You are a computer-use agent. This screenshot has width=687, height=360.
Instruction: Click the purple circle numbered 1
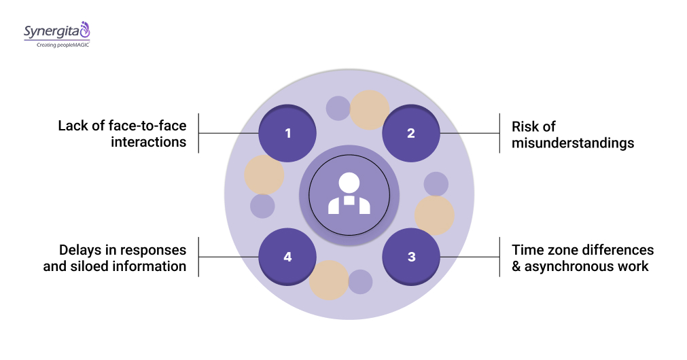pyautogui.click(x=287, y=133)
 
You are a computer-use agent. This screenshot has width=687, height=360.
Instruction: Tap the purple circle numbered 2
pyautogui.click(x=410, y=133)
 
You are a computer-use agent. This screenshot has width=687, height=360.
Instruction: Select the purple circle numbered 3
pyautogui.click(x=410, y=257)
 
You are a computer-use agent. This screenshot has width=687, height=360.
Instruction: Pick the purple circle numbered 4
pyautogui.click(x=287, y=257)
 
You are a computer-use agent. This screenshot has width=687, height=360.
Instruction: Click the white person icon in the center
pyautogui.click(x=349, y=194)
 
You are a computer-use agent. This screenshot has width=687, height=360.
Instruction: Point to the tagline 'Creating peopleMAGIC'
pyautogui.click(x=58, y=45)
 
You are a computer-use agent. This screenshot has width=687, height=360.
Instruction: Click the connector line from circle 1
pyautogui.click(x=228, y=133)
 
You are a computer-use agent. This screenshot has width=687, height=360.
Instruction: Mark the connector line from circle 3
pyautogui.click(x=470, y=257)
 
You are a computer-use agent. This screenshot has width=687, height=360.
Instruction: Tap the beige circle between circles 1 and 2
pyautogui.click(x=369, y=110)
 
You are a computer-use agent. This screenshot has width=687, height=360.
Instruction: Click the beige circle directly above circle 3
pyautogui.click(x=434, y=215)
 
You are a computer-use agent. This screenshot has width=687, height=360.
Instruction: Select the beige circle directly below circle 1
pyautogui.click(x=264, y=175)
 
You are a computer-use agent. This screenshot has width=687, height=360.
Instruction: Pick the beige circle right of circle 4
pyautogui.click(x=329, y=279)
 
